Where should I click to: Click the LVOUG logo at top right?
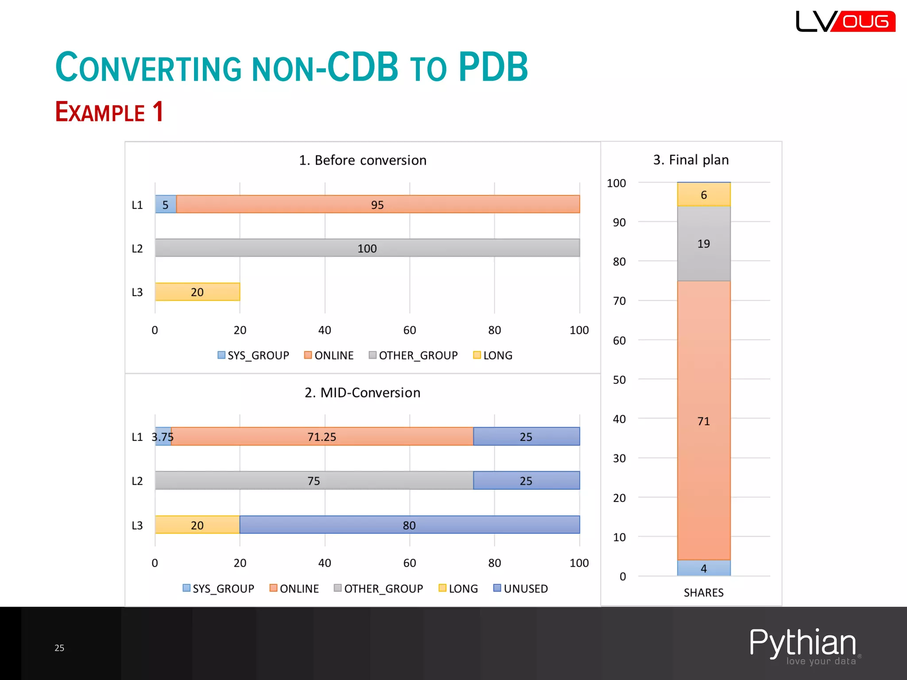point(845,21)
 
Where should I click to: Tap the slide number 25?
point(59,648)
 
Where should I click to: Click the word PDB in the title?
point(493,67)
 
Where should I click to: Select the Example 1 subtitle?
point(109,112)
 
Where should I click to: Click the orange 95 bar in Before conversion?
point(377,204)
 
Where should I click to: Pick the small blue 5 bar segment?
point(166,204)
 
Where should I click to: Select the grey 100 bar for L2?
point(367,248)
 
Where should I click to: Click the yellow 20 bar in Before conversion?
point(198,292)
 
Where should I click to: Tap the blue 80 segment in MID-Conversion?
point(409,525)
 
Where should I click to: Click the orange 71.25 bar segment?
point(322,437)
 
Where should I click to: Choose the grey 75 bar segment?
point(314,480)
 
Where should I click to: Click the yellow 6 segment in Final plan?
point(703,195)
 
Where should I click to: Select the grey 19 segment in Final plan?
point(703,243)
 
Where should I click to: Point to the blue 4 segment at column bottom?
point(703,568)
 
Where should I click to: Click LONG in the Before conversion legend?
point(493,355)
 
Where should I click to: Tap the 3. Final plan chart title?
point(690,160)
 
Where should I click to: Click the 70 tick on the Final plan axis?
point(619,301)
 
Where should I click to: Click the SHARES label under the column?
point(703,592)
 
